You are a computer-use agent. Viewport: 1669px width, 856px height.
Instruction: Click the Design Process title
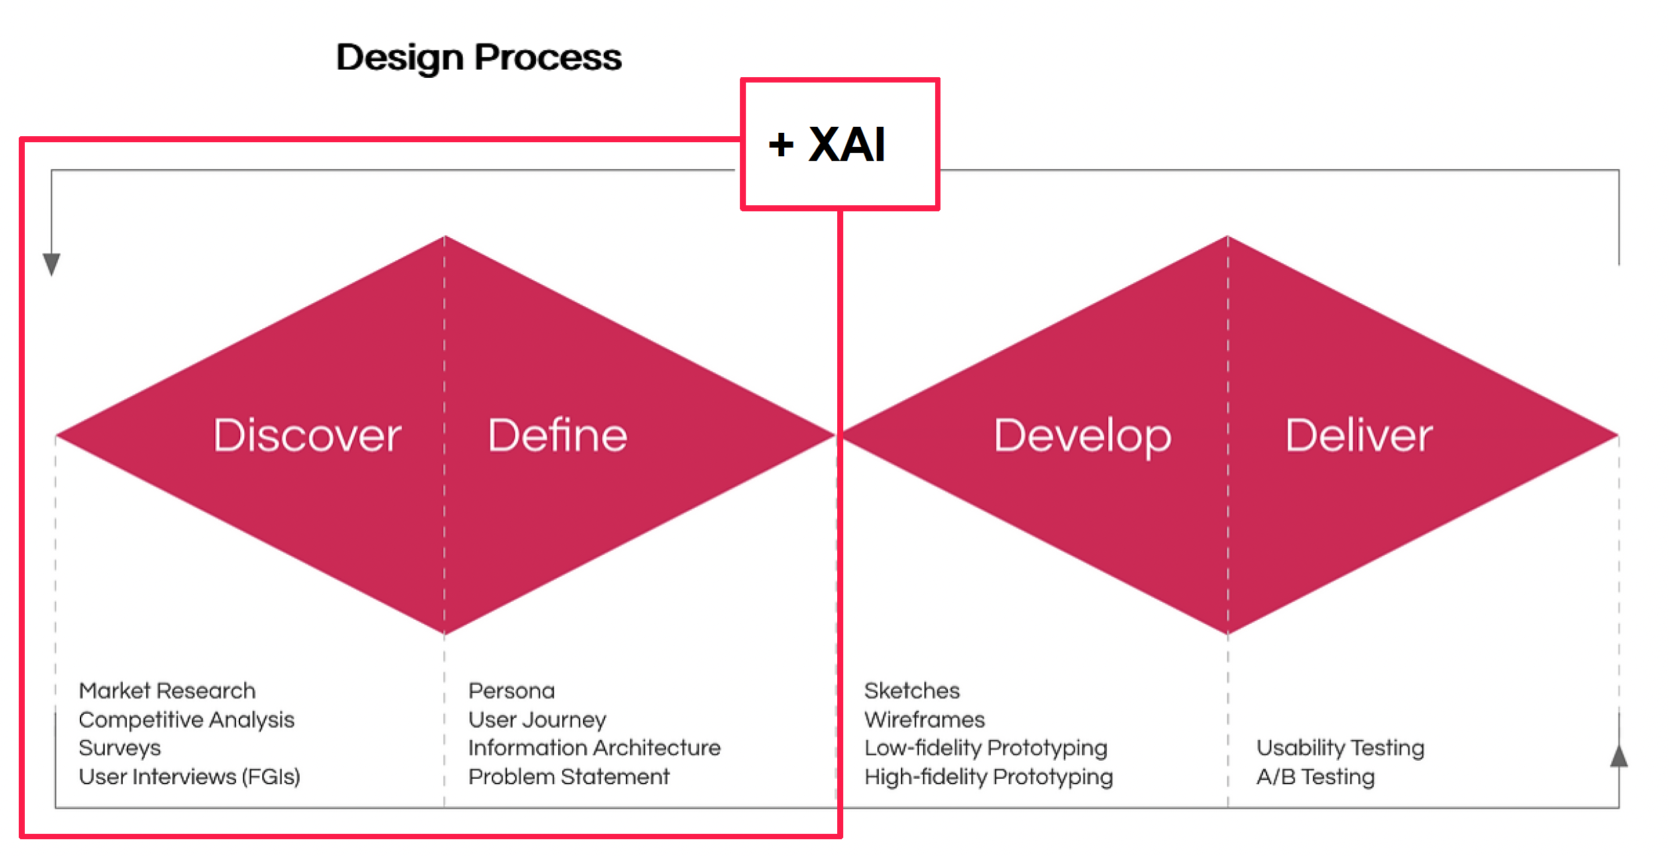(x=479, y=58)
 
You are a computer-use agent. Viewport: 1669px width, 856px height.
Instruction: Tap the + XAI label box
(x=840, y=144)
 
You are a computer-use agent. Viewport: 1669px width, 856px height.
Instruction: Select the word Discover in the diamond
(x=307, y=435)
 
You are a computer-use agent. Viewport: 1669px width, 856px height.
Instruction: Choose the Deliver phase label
(x=1359, y=435)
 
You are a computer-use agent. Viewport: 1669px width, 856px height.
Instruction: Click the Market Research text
(x=167, y=690)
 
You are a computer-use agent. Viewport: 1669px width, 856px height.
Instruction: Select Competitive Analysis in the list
(x=186, y=720)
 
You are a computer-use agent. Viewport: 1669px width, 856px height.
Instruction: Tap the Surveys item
(x=120, y=749)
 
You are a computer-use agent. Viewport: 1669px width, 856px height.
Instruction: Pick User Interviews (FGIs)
(x=189, y=777)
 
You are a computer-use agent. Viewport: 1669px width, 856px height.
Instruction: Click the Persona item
(x=511, y=690)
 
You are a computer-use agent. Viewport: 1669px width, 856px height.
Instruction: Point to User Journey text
(x=537, y=720)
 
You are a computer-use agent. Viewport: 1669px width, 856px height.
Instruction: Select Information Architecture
(x=594, y=748)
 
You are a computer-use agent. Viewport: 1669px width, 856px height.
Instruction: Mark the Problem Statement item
(x=569, y=777)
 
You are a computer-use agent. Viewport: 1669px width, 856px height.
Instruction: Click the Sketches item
(x=912, y=690)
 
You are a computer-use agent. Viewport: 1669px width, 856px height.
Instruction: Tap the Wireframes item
(x=924, y=720)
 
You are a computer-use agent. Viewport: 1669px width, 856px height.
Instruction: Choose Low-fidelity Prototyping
(x=985, y=749)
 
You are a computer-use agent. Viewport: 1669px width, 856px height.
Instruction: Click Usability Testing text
(x=1340, y=749)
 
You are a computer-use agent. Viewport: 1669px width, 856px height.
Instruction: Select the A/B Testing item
(x=1315, y=777)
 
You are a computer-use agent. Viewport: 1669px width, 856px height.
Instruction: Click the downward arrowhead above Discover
(x=52, y=264)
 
